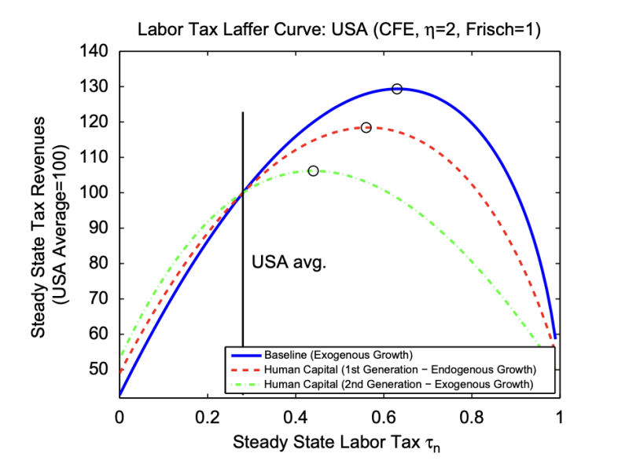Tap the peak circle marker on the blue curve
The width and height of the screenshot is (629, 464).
(x=397, y=89)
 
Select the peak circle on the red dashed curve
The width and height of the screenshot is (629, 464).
(x=366, y=127)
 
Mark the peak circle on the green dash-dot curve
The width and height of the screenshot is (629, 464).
(x=313, y=170)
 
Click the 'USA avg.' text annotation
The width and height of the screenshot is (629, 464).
(x=289, y=262)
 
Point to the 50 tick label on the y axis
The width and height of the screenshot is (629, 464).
(x=101, y=369)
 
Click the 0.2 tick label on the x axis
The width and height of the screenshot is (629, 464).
(x=208, y=417)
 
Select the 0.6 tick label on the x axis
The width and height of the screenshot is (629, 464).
(x=384, y=417)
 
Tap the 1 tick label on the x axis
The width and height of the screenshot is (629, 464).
(x=560, y=417)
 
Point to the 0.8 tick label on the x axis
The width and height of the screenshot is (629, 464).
(x=472, y=417)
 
